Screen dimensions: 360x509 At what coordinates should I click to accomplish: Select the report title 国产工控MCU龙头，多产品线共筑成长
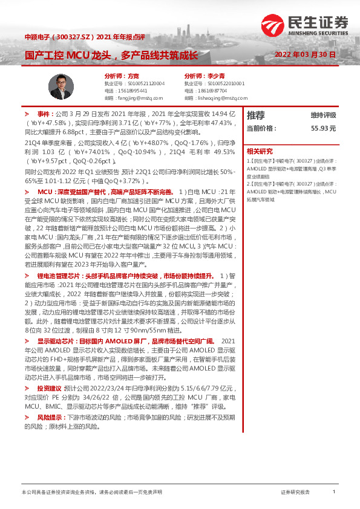pyautogui.click(x=111, y=56)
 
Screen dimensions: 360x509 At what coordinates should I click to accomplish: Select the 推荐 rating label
pyautogui.click(x=256, y=115)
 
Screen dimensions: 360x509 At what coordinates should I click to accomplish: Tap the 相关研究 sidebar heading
pyautogui.click(x=260, y=151)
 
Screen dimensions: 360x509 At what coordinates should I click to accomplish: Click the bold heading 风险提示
pyautogui.click(x=49, y=417)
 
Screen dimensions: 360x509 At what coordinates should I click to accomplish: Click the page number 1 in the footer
pyautogui.click(x=334, y=492)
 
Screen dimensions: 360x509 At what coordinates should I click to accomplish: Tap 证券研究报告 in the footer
pyautogui.click(x=295, y=492)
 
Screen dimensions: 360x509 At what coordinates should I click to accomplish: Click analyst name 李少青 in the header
pyautogui.click(x=226, y=76)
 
